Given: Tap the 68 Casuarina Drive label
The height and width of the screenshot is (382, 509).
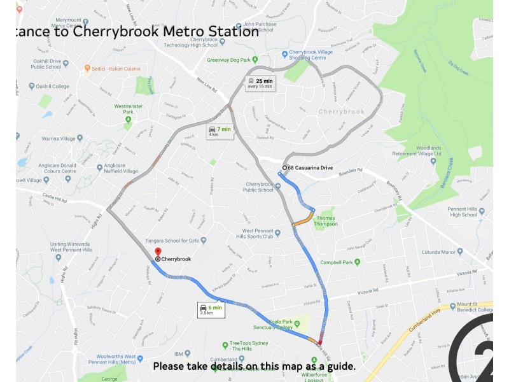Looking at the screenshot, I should tap(310, 167).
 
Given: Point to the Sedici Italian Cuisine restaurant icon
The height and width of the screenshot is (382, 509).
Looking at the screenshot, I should tap(87, 67).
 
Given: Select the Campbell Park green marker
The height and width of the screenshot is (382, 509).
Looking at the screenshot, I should tap(357, 262).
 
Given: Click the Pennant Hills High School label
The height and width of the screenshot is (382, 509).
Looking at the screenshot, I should tap(462, 211).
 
